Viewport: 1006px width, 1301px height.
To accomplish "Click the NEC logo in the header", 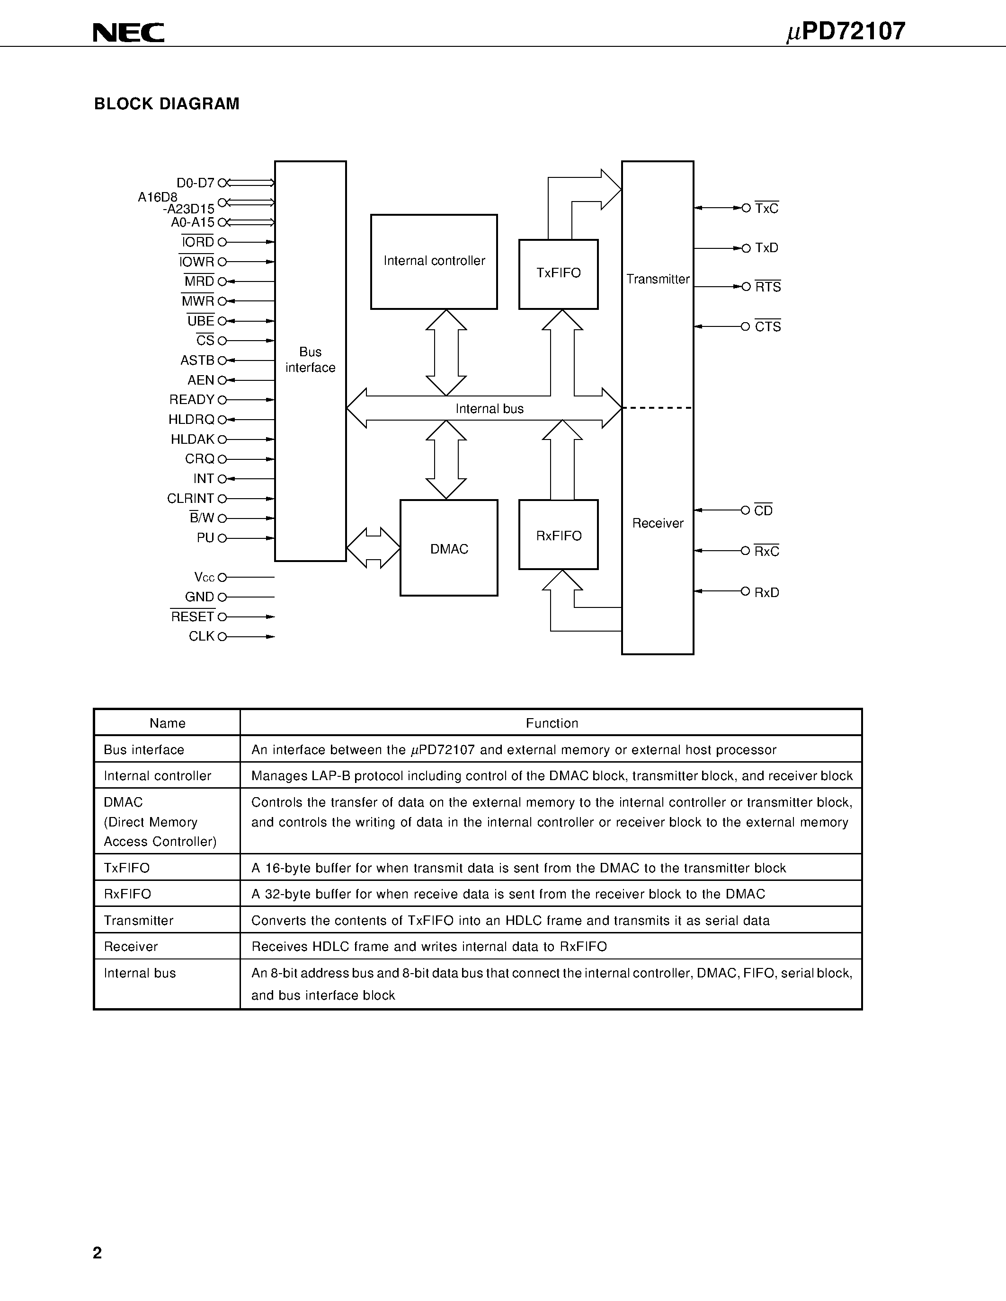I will [128, 32].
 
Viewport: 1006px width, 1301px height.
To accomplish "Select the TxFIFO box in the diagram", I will [559, 274].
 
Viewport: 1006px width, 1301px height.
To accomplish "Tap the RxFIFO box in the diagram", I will [559, 534].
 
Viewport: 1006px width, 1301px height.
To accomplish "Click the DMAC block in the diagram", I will [449, 548].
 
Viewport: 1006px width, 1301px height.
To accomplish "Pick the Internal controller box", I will [434, 262].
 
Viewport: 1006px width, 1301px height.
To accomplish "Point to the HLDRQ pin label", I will [191, 419].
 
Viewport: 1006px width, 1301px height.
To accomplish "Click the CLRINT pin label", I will [190, 498].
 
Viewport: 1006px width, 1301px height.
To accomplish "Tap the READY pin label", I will [192, 400].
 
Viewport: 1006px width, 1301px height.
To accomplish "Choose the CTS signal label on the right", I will [767, 326].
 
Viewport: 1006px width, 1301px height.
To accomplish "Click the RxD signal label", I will [766, 592].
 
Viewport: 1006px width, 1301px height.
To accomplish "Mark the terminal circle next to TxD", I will [746, 248].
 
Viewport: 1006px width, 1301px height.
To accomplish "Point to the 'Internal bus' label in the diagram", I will [490, 409].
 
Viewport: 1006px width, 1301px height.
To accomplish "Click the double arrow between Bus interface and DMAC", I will [373, 547].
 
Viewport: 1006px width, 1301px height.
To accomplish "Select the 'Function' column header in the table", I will [551, 723].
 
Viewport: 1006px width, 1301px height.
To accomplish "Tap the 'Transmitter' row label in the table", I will [138, 920].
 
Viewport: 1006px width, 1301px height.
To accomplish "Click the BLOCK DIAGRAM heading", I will [167, 104].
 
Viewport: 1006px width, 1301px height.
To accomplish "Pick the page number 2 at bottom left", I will [98, 1253].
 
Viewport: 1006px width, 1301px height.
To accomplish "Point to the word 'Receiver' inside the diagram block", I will [658, 523].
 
